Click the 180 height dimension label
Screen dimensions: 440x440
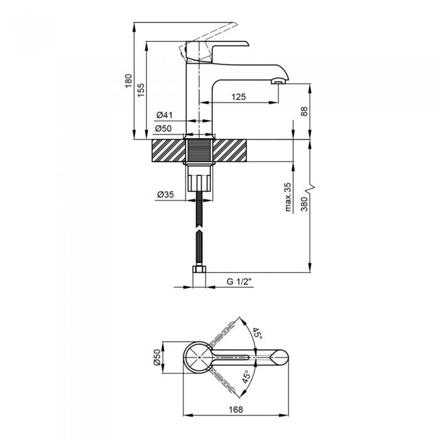click(128, 81)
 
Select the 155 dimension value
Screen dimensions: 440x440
click(141, 90)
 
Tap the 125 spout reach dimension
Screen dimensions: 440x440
click(238, 97)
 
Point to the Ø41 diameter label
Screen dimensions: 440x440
click(165, 115)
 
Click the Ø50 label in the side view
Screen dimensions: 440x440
click(163, 128)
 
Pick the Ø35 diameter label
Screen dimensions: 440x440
click(165, 194)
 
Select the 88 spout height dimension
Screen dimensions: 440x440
click(304, 111)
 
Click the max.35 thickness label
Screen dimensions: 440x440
click(288, 197)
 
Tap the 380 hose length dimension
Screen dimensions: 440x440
click(304, 204)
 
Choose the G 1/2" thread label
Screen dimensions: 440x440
click(238, 282)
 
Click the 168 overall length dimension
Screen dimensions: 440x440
click(236, 409)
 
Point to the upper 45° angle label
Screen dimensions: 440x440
click(257, 333)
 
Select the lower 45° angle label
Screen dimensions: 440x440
click(246, 377)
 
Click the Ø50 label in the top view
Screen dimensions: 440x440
click(157, 357)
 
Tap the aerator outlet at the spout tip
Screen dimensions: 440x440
click(278, 82)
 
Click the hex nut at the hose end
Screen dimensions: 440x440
click(199, 269)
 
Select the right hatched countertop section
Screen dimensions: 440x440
click(230, 151)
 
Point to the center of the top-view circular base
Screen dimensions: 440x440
click(199, 357)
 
